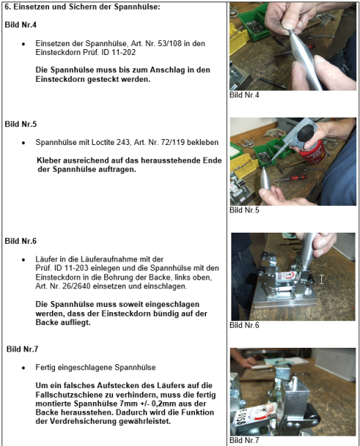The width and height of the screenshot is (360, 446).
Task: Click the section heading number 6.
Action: pyautogui.click(x=7, y=7)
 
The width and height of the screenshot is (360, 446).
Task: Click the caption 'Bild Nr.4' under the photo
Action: pyautogui.click(x=245, y=94)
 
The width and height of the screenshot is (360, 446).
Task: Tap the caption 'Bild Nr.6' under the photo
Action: pyautogui.click(x=245, y=325)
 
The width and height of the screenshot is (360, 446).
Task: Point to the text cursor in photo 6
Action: pyautogui.click(x=321, y=279)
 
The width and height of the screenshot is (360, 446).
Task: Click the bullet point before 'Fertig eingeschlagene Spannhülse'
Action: pyautogui.click(x=25, y=367)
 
